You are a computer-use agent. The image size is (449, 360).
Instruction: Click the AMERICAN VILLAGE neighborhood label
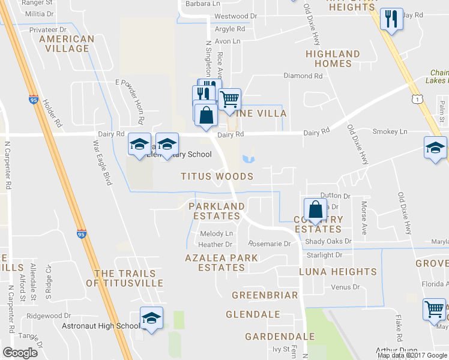(67, 44)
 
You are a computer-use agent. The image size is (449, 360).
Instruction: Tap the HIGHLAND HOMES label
(333, 59)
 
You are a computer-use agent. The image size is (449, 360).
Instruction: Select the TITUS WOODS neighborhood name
(217, 176)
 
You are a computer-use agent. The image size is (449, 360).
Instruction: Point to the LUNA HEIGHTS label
(338, 272)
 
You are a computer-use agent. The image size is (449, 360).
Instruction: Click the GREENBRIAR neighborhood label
(265, 295)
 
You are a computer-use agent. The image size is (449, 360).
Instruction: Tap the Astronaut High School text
(101, 326)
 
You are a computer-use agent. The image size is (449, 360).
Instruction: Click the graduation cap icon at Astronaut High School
(151, 317)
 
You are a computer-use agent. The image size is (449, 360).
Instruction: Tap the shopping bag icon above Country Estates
(315, 209)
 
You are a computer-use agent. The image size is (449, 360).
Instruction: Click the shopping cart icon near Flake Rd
(434, 310)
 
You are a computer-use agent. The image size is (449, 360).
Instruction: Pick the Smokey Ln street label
(390, 131)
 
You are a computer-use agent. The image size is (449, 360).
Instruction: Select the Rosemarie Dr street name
(269, 244)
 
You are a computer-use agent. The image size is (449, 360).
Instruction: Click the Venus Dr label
(345, 287)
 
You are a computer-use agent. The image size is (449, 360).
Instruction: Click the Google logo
(20, 353)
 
